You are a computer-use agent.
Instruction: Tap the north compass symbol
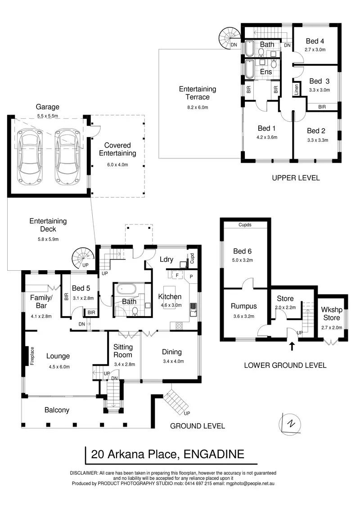point(291,424)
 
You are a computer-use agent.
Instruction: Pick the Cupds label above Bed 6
point(245,224)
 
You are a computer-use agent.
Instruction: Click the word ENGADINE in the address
point(214,454)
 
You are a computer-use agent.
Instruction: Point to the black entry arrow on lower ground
point(292,346)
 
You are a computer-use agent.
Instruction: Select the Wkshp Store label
point(332,314)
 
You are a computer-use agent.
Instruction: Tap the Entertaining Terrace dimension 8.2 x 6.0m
point(197,107)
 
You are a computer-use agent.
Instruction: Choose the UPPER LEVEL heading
point(296,178)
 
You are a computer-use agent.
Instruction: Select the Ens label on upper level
point(266,72)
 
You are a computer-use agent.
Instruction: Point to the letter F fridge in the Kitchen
point(178,274)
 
